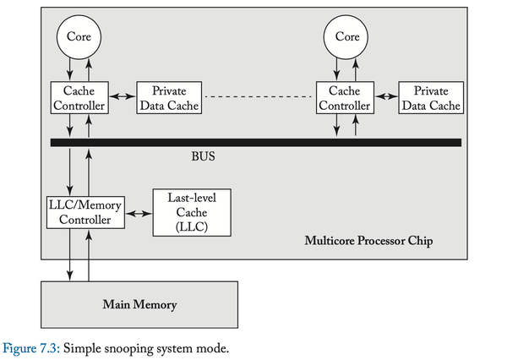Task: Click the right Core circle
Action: [347, 36]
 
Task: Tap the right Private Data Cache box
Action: [431, 98]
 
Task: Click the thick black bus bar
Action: [253, 142]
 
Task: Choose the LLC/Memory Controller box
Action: [84, 212]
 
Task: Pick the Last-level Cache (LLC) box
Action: [190, 212]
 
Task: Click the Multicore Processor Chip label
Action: [368, 242]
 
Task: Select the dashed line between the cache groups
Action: [259, 97]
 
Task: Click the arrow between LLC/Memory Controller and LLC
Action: [137, 213]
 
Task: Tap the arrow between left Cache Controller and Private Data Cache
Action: [123, 97]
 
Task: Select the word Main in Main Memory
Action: [117, 303]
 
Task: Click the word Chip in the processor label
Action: [420, 242]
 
